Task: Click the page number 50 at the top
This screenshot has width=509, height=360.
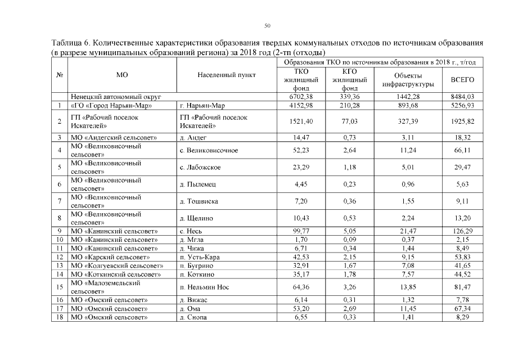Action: [267, 25]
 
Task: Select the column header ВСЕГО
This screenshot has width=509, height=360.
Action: [463, 80]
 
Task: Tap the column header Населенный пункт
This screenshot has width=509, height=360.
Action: [227, 74]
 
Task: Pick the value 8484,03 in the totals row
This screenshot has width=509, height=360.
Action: [463, 97]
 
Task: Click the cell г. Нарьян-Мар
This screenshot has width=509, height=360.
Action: [202, 105]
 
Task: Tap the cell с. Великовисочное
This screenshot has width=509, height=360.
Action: [209, 150]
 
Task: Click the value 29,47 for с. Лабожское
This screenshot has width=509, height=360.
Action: [463, 167]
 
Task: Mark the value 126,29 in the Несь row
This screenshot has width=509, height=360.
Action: [463, 231]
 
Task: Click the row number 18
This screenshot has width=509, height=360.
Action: [59, 317]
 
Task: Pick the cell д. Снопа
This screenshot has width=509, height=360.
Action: [193, 317]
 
